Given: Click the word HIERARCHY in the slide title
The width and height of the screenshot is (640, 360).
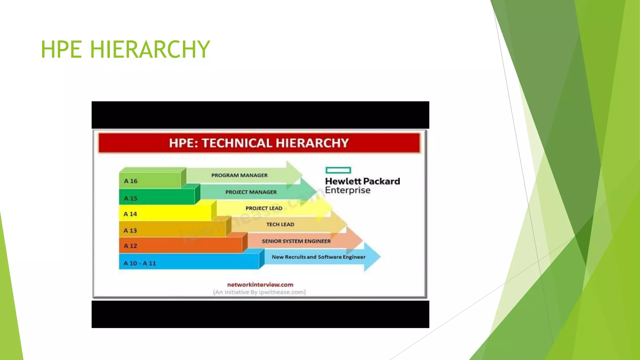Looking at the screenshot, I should coord(150,49).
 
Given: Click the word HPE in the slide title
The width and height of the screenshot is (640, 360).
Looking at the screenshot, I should coord(61,49).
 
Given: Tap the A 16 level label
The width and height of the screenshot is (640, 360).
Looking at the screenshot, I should coord(131,181).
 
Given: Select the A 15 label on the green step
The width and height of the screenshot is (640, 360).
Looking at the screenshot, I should coord(131,198).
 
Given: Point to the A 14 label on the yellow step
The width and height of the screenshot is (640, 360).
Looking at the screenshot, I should coord(130,214).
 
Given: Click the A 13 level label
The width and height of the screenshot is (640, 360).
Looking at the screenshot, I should coord(130,231).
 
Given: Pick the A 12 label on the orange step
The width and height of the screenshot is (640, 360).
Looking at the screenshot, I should coord(130,246).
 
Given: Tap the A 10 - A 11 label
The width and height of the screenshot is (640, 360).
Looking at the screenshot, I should coord(140,263).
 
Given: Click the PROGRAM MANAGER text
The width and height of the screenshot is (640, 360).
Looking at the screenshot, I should coord(239,175).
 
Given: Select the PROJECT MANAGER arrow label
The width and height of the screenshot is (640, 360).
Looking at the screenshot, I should coord(251,192).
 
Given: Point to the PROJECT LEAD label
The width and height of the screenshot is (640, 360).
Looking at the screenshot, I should coord(264,208).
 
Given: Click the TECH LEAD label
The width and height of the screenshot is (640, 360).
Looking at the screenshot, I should coord(280,224).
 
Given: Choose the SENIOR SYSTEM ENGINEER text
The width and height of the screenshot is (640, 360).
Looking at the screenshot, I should coord(296,241).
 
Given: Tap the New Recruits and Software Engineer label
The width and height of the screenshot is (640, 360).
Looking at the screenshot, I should coord(318,257).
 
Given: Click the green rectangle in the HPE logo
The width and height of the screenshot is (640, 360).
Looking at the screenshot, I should coord(338,170).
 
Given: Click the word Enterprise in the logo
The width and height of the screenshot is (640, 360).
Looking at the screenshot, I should coord(347,190).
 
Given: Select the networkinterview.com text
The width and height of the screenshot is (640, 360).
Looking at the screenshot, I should coord(260,285).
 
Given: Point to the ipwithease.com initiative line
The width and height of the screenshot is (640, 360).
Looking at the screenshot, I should coord(259,292).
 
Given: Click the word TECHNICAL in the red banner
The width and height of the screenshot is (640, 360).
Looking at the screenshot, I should coord(237,143).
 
